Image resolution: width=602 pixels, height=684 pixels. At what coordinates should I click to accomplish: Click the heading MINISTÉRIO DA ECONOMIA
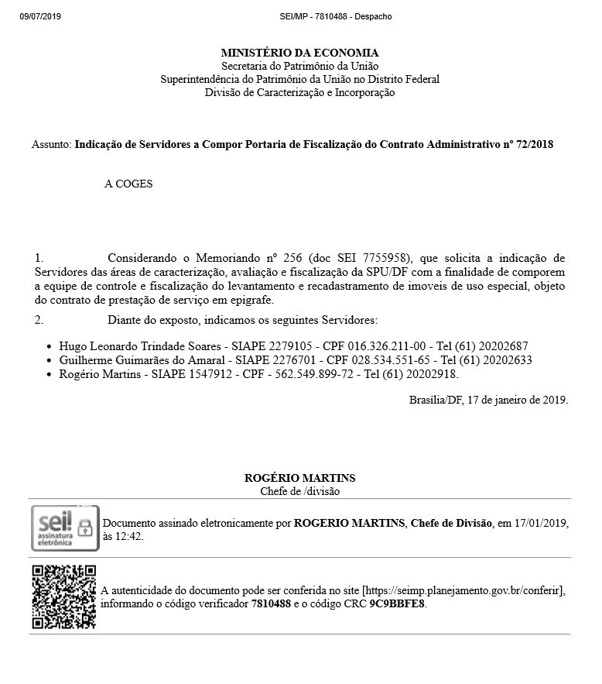coord(299,53)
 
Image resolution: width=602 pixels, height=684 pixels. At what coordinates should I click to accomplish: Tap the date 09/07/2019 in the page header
coord(39,16)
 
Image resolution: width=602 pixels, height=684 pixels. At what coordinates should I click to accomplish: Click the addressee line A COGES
coord(128,184)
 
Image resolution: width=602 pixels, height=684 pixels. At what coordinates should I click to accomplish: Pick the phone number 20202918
coord(432,374)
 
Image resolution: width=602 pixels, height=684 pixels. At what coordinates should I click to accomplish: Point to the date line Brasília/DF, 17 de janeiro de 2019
coord(488,400)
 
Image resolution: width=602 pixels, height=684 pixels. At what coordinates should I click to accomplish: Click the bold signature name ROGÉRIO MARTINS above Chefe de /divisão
coord(299,478)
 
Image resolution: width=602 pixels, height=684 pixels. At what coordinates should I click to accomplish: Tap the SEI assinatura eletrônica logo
coord(65,528)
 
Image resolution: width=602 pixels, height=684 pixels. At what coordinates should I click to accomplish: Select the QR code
coord(64,596)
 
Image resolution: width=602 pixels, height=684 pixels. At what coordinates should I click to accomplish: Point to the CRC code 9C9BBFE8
coord(397,603)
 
